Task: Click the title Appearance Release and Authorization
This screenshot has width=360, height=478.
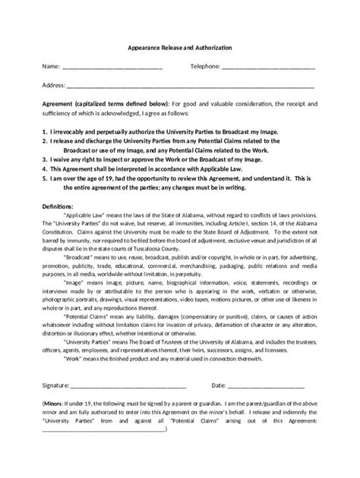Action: [179, 48]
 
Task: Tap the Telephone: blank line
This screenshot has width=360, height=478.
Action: [268, 68]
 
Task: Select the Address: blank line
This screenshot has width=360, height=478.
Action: [190, 86]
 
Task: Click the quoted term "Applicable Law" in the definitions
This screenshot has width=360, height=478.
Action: [84, 215]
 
